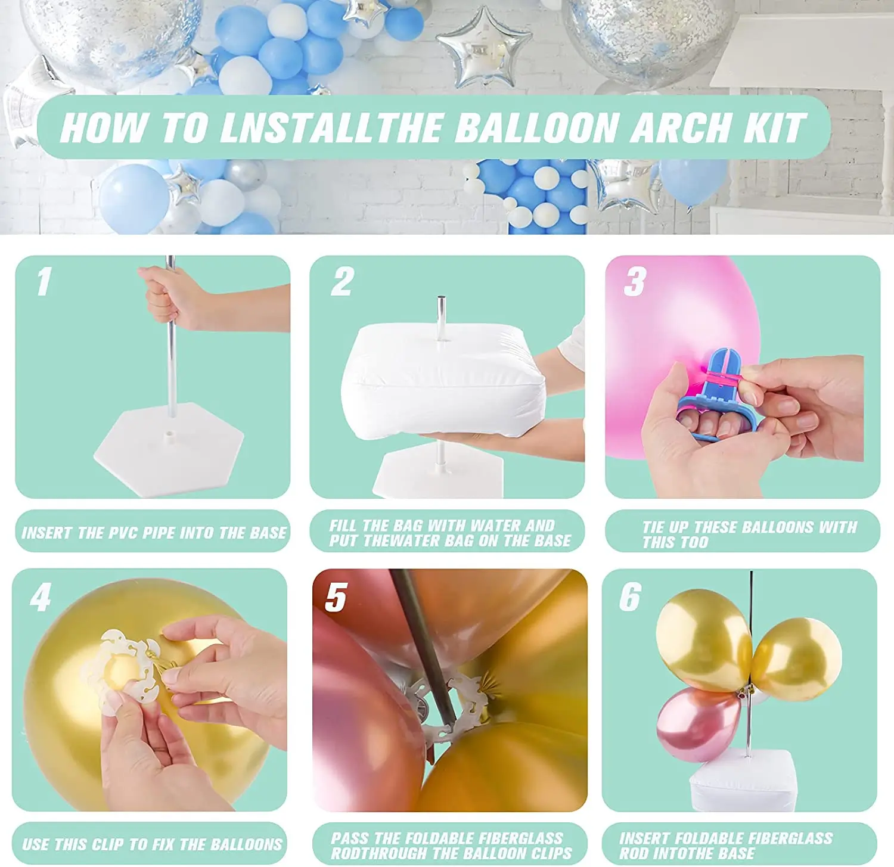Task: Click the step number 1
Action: [x=43, y=281]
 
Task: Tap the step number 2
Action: [x=343, y=281]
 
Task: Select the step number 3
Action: [x=635, y=281]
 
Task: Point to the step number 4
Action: [x=41, y=597]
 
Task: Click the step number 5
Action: [x=336, y=597]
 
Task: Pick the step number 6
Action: [x=630, y=597]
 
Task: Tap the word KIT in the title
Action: [x=775, y=128]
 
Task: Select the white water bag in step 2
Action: [x=444, y=381]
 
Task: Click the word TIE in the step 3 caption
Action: [x=654, y=527]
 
